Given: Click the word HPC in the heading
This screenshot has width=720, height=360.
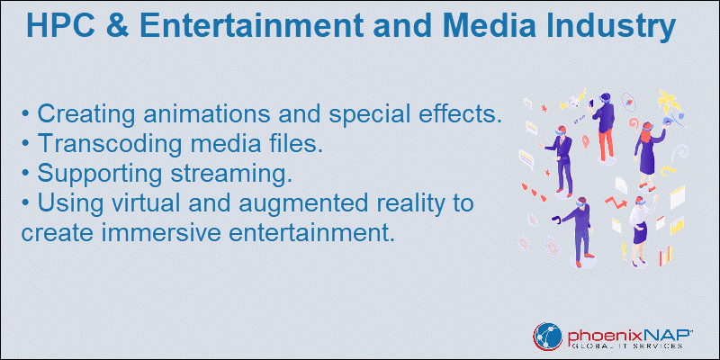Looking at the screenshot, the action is (59, 26).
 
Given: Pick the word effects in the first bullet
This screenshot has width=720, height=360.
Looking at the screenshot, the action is (461, 113).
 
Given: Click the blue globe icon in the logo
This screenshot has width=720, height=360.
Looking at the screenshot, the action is (547, 337).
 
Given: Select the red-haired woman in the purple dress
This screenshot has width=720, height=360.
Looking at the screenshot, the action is (646, 155).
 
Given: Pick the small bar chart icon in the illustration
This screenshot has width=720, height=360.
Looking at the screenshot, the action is (666, 255).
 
